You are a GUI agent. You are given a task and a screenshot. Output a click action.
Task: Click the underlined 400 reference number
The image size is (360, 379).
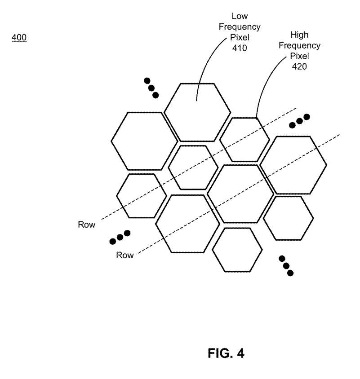pos(19,38)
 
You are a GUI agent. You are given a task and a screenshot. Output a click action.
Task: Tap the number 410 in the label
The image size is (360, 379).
pos(240,48)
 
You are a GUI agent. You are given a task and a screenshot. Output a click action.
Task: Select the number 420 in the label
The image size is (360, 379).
pos(299,66)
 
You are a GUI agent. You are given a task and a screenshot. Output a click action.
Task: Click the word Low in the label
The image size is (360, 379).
pos(240,17)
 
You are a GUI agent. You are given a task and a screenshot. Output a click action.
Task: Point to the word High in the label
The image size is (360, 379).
pos(299,35)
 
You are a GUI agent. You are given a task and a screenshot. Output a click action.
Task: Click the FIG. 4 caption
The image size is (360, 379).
pos(226,353)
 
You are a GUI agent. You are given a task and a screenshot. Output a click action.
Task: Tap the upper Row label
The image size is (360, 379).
pos(87,225)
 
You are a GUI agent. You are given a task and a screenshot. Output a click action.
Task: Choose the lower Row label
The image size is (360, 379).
pos(125,255)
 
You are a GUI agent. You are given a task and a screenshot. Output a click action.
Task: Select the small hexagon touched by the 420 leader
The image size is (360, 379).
pos(244,140)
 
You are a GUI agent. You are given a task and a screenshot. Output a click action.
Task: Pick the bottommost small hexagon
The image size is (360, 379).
pos(237,250)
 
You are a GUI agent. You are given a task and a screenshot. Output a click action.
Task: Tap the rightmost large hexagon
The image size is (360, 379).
pos(293,165)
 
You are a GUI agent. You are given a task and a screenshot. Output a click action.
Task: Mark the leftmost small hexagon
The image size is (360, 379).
pos(141,196)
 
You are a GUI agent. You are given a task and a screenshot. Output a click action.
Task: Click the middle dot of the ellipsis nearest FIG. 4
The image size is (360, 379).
pos(286,266)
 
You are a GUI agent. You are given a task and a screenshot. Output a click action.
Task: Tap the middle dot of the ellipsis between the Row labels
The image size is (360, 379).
pos(120,238)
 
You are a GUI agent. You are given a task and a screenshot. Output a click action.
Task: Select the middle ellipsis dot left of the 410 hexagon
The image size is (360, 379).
pos(151,88)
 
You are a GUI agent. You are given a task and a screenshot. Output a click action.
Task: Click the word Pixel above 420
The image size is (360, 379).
pos(299,56)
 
